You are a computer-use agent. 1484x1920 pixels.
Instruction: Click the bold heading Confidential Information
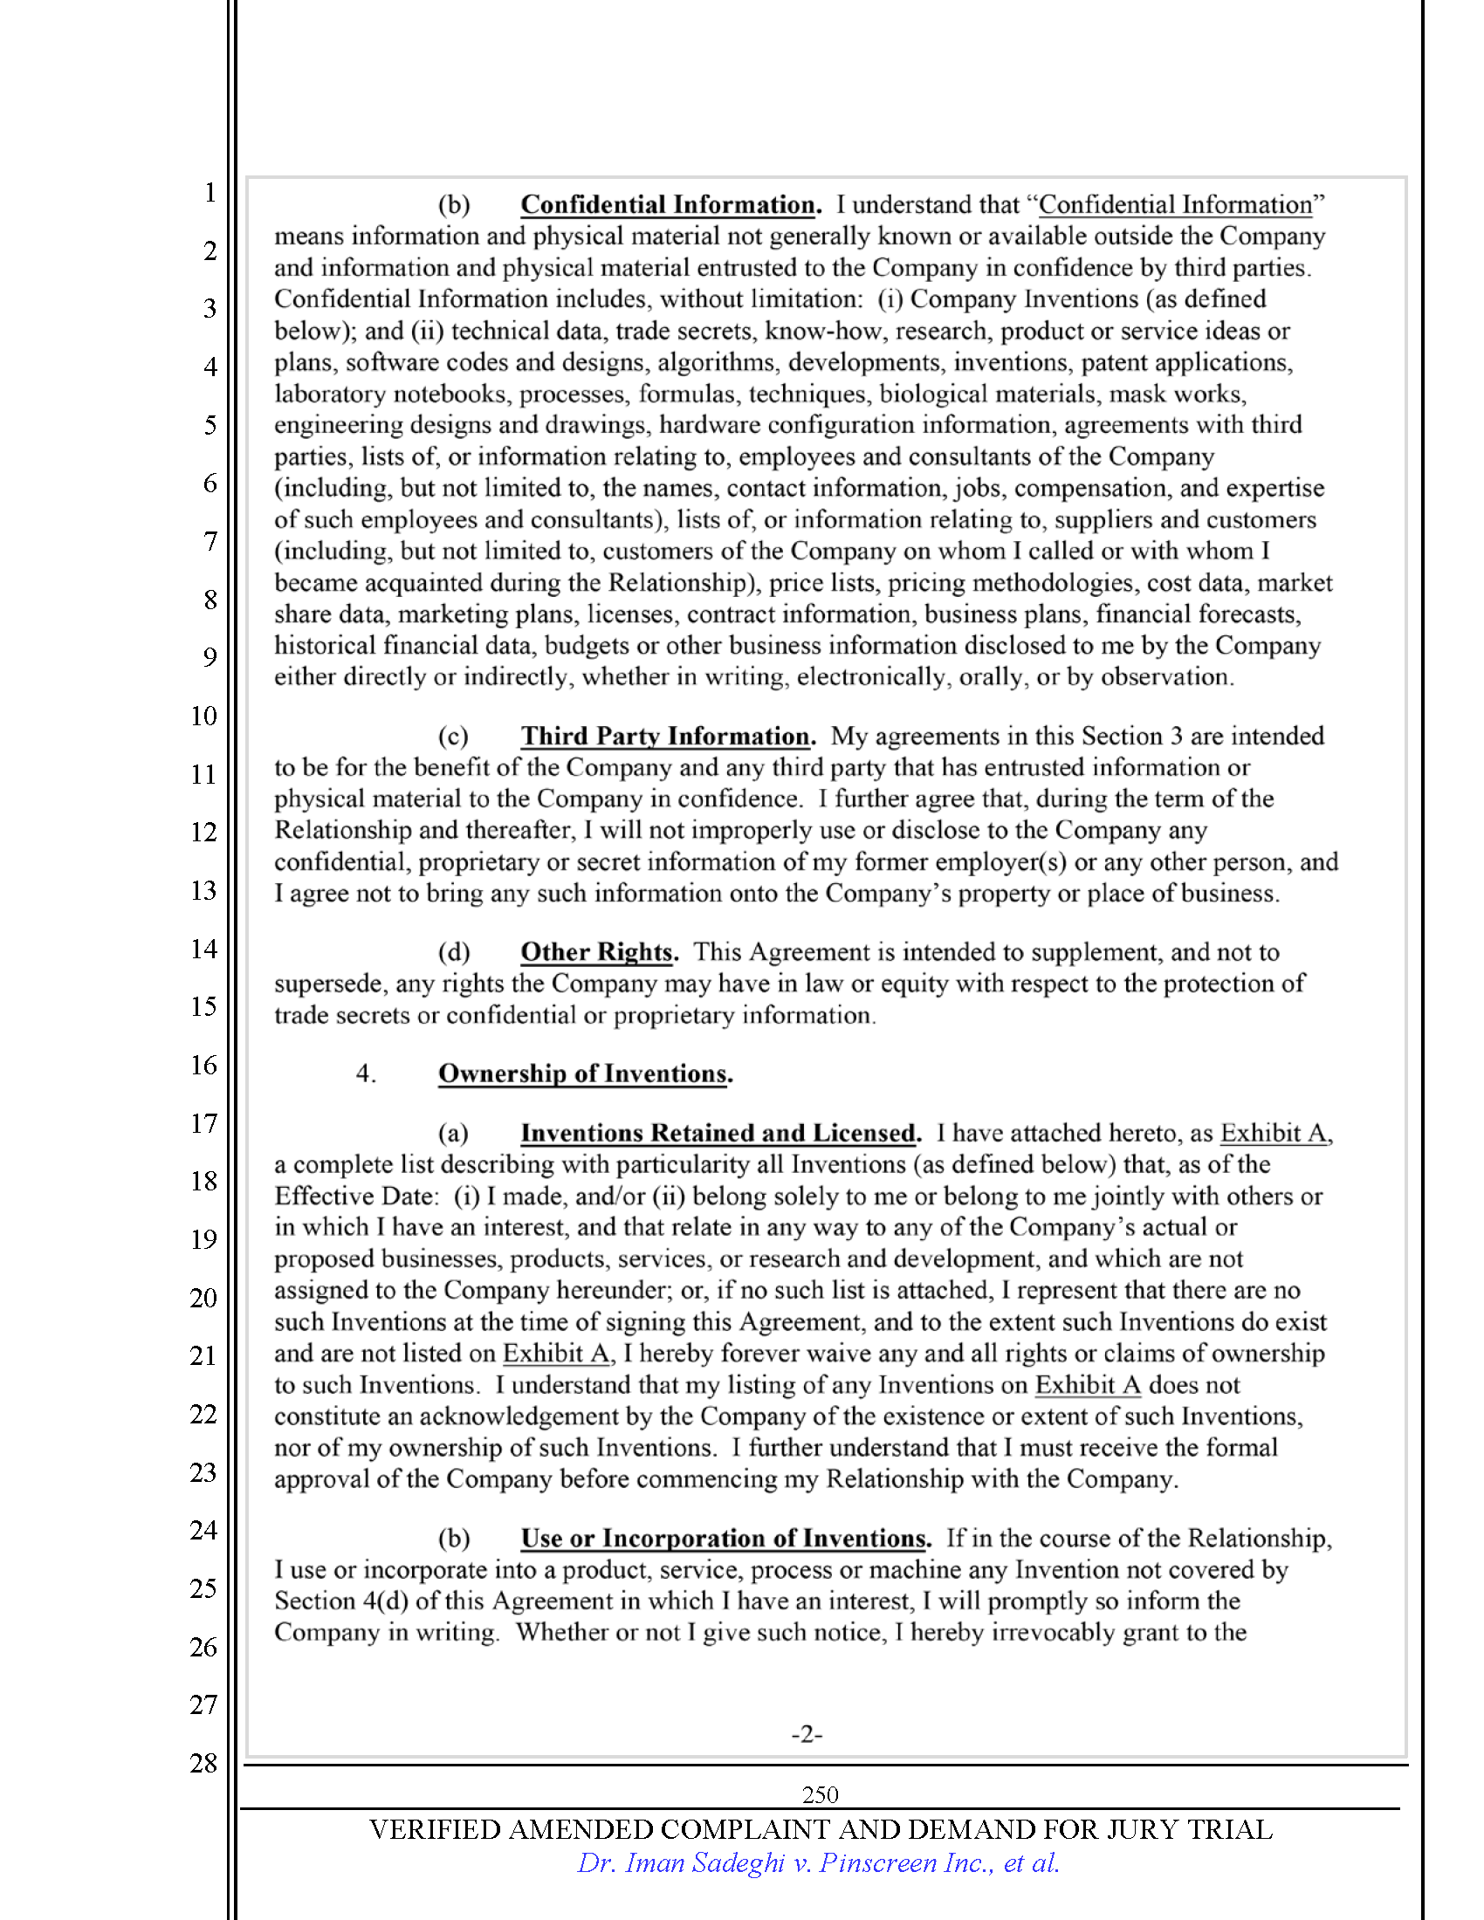(x=668, y=205)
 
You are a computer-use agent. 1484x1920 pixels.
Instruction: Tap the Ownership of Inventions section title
(x=584, y=1073)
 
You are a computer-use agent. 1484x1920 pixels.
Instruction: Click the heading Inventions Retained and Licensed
(x=718, y=1133)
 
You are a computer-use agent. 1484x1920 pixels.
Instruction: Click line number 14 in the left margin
(x=204, y=949)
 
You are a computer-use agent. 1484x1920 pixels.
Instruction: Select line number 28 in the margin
(x=204, y=1763)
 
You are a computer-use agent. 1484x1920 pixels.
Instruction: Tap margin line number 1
(x=210, y=193)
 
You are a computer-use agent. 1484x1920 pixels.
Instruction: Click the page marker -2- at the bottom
(x=807, y=1734)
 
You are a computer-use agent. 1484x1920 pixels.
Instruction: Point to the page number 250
(x=820, y=1794)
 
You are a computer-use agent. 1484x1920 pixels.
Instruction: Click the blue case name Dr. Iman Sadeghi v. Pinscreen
(x=818, y=1863)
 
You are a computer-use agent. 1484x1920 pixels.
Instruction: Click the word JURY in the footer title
(x=1142, y=1829)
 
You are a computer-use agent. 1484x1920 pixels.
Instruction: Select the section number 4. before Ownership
(x=366, y=1073)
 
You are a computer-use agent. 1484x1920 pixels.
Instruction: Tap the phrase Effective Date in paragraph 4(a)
(x=354, y=1197)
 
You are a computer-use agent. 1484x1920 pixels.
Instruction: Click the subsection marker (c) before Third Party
(x=453, y=737)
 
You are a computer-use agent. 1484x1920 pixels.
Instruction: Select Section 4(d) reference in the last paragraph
(x=341, y=1601)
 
